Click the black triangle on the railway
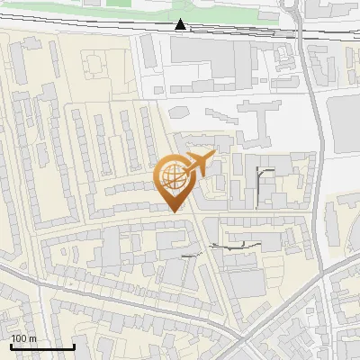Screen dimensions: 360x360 tap(181, 24)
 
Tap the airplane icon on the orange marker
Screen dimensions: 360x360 tap(199, 164)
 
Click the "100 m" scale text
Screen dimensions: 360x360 tap(23, 338)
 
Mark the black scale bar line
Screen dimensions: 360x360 tap(41, 346)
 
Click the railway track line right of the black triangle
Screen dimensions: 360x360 tap(252, 31)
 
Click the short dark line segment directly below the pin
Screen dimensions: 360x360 tap(189, 256)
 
